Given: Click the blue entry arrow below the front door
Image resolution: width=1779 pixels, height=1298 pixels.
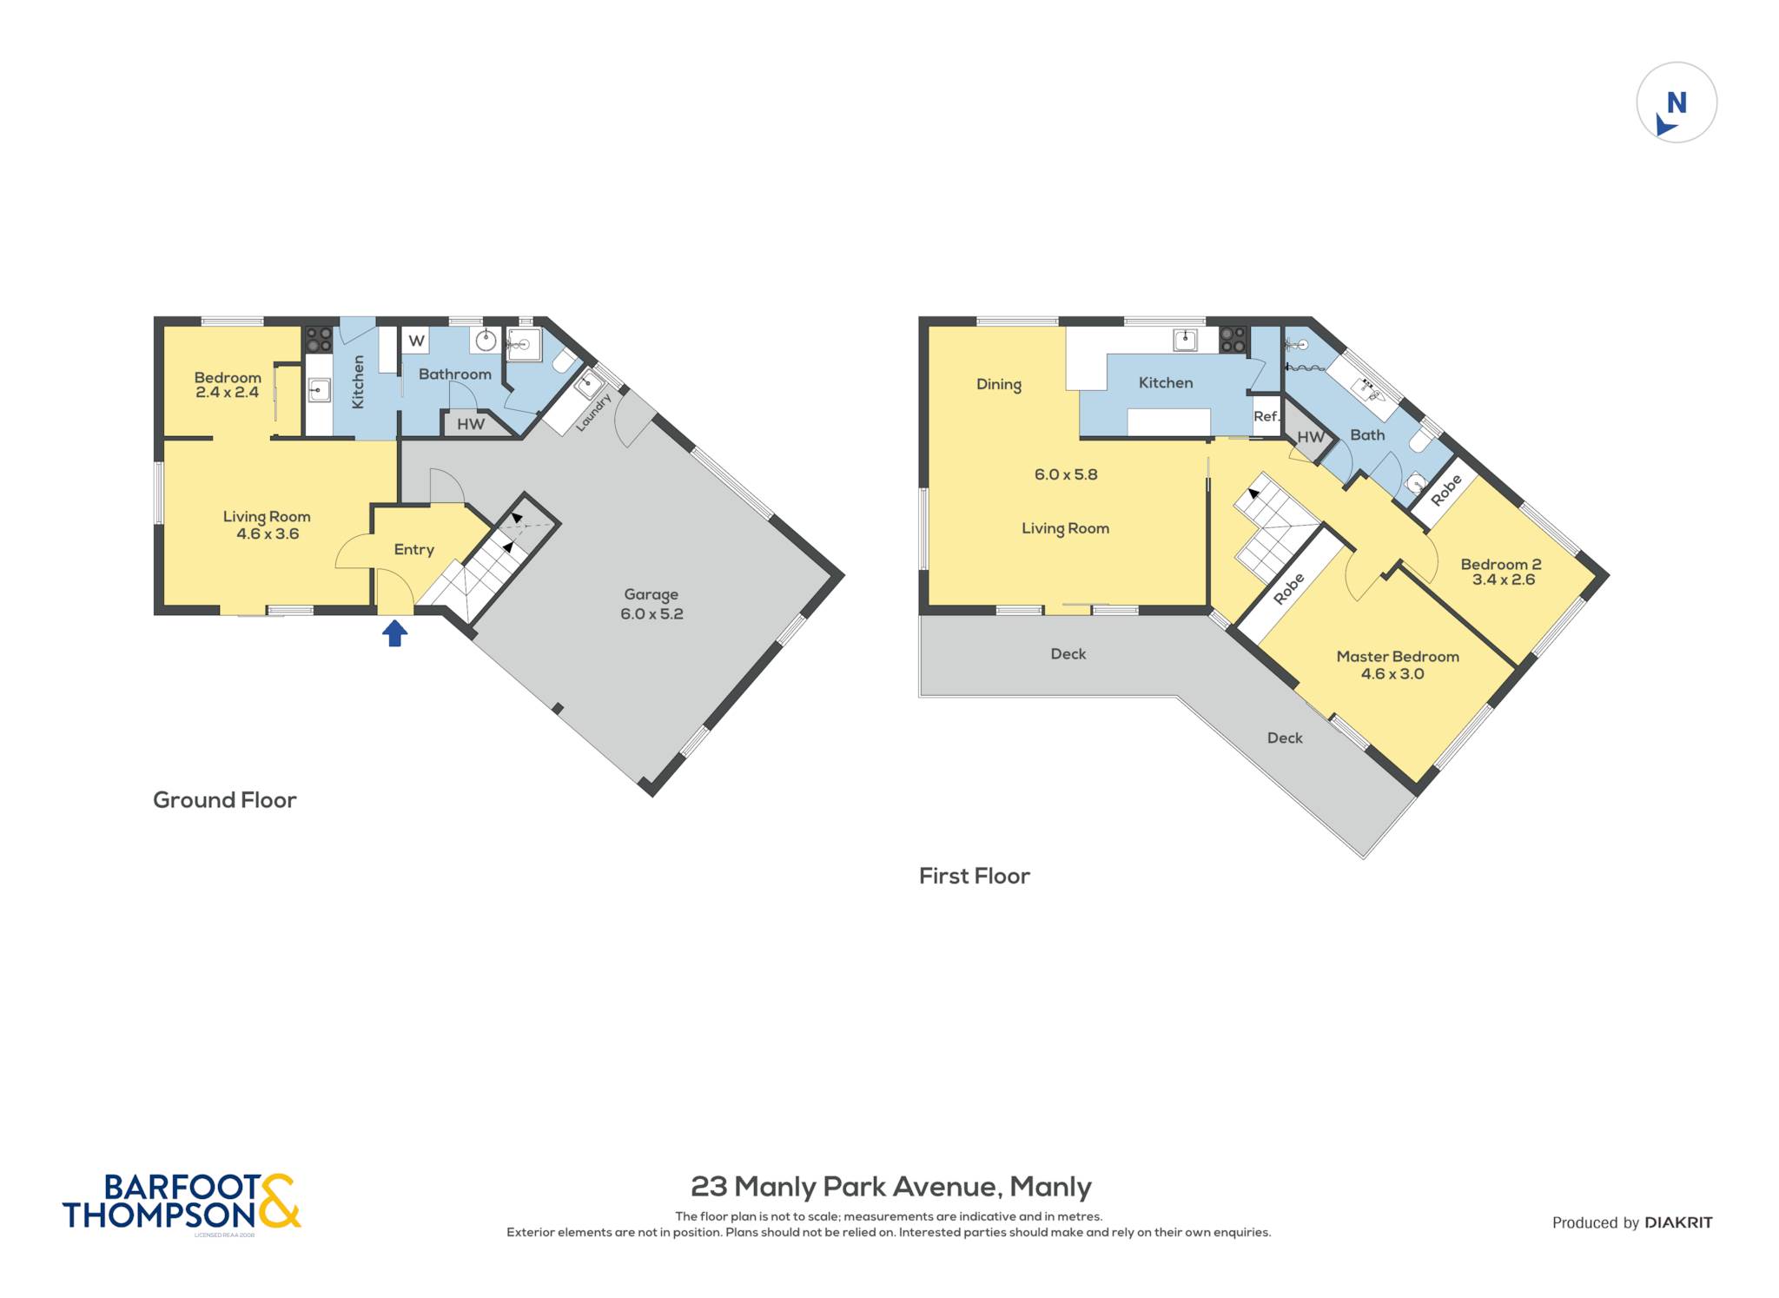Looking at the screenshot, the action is pos(395,632).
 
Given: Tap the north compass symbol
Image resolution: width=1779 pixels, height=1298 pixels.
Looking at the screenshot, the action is pos(1676,103).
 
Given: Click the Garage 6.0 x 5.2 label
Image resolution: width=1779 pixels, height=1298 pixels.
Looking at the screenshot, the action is pos(651,604).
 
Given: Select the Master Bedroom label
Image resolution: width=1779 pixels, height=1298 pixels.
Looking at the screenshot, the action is pos(1397,665).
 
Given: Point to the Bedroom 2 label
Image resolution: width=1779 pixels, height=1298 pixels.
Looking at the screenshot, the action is pos(1501,572).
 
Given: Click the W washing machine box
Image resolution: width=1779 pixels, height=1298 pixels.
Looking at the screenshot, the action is pos(417,341).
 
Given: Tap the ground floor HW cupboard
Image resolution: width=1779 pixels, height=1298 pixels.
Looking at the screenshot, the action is pos(471,424).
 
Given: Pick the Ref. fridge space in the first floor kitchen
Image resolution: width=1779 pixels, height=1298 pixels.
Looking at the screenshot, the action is pos(1266,416).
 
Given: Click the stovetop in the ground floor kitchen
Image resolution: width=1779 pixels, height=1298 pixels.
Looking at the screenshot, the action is pos(319,340).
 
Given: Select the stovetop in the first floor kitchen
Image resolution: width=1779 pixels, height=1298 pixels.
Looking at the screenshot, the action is pos(1233,340).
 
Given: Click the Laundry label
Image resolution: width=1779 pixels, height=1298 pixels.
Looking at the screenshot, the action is pos(593,412).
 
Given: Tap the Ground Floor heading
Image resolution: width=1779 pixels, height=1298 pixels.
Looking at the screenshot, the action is pos(225,800).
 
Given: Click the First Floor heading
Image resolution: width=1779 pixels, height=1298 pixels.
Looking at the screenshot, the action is pos(975,876).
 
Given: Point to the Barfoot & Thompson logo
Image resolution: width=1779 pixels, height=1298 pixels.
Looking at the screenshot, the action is pos(182,1202).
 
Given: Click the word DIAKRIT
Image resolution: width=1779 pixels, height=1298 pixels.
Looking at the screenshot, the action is pos(1679,1222).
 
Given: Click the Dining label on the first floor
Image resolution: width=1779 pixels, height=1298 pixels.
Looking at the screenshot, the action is pos(999,384).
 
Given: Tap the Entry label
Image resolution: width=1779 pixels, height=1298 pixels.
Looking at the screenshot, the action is pos(414,550).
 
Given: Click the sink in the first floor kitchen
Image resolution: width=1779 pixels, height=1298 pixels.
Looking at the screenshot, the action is pos(1185,340).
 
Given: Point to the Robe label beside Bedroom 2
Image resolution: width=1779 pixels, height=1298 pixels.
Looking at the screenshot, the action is pos(1446,490).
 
